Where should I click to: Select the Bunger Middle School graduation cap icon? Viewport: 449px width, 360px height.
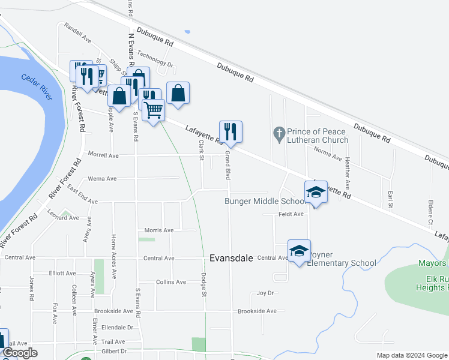coord(316,192)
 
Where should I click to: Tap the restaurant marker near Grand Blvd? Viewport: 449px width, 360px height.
coord(231,131)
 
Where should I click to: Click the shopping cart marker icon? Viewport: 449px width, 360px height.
coord(154,110)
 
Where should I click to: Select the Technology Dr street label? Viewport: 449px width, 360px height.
coord(155,58)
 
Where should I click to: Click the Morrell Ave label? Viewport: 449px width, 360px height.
coord(103,155)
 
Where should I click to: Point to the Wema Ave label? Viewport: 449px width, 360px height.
coord(102,179)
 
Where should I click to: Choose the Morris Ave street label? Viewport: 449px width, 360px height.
coord(159,230)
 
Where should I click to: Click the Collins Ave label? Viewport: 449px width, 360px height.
coord(170,282)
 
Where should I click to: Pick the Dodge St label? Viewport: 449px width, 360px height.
coord(204,285)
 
